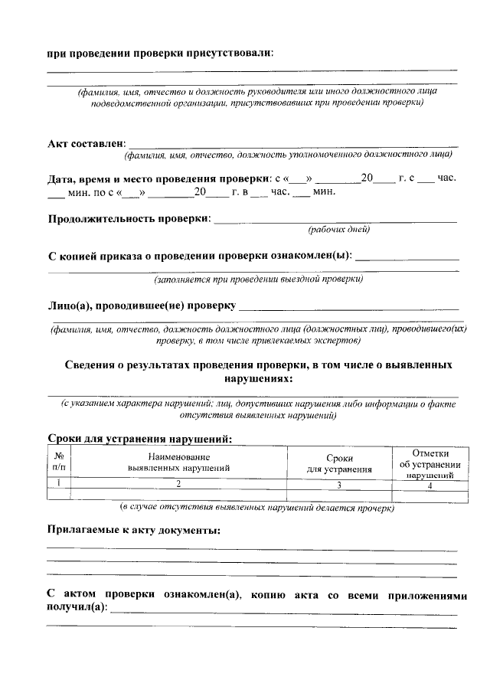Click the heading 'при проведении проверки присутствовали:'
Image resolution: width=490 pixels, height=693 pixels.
point(159,53)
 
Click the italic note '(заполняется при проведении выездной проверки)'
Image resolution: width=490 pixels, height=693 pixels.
point(258,280)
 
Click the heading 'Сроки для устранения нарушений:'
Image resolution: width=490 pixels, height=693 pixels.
point(139,439)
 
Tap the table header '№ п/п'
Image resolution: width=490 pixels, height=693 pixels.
point(58,461)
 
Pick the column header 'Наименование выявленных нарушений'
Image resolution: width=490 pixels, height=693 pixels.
point(178,461)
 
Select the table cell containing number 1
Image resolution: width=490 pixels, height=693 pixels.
point(58,483)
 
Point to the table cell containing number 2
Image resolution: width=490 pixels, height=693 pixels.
point(178,484)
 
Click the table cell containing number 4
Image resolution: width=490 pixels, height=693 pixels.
point(430,484)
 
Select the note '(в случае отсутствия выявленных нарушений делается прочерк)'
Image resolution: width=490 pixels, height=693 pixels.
point(257,507)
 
